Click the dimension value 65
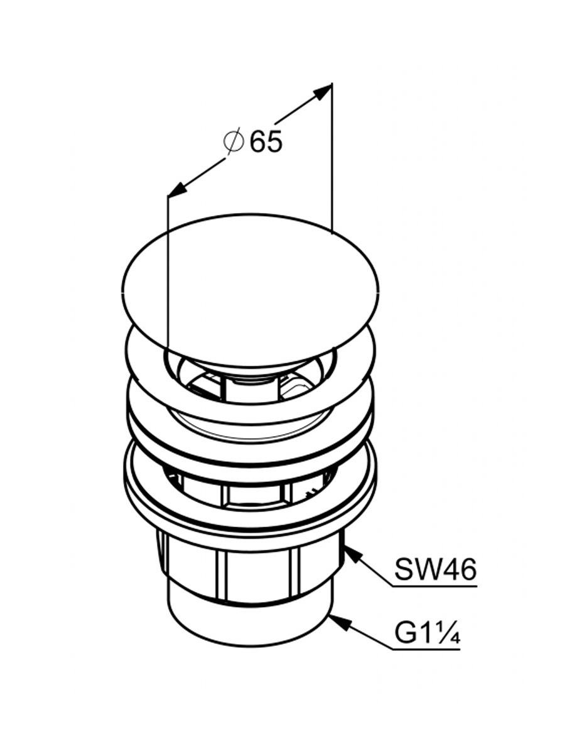(x=266, y=141)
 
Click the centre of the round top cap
(x=250, y=290)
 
